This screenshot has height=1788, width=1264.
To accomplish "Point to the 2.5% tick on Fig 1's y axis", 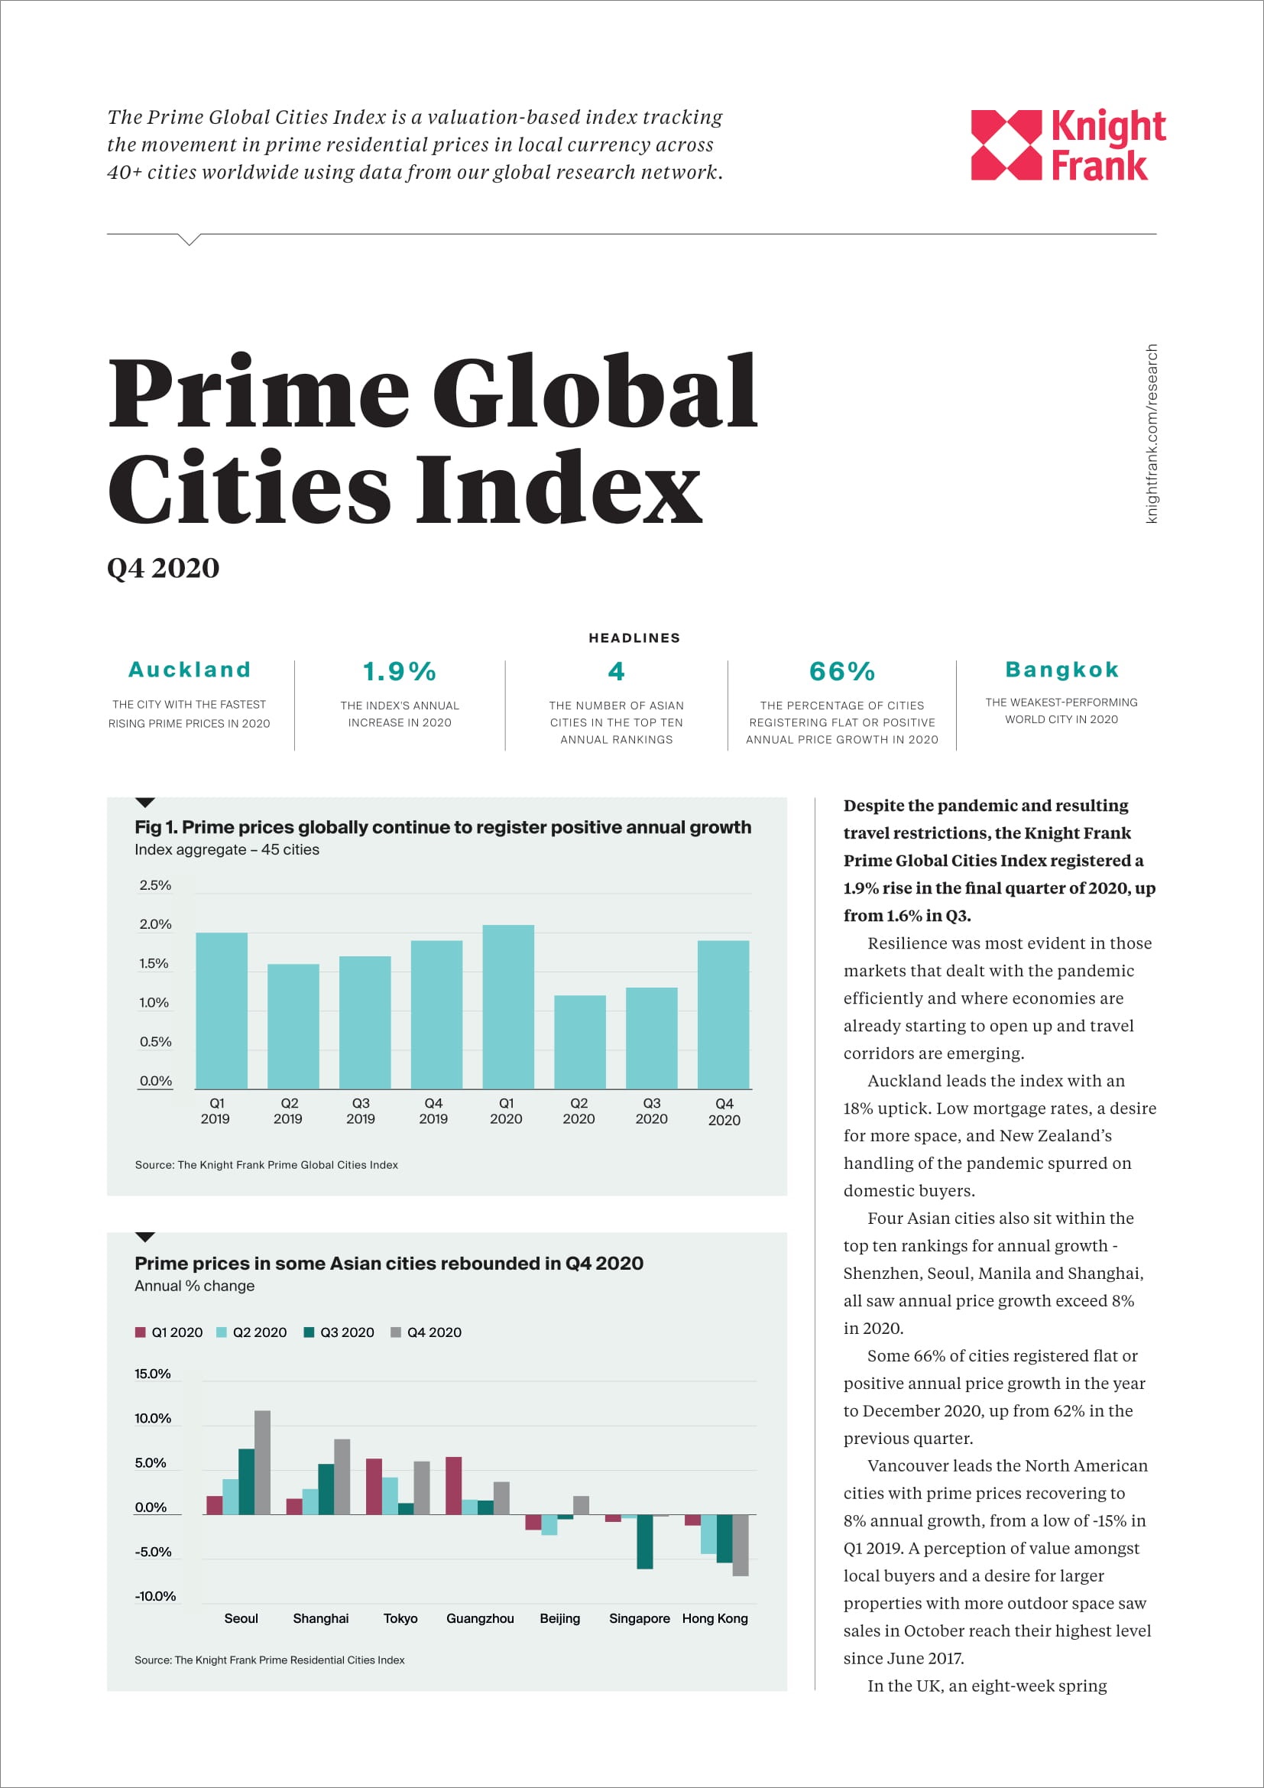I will [x=155, y=885].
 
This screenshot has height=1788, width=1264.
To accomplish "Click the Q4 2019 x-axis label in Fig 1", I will [x=433, y=1111].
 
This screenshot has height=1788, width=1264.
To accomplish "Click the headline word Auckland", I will [x=189, y=670].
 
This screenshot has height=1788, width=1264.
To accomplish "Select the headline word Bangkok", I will [x=1061, y=670].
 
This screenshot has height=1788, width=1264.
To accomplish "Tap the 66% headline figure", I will [x=841, y=671].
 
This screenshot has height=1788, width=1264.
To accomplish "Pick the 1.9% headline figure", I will [x=399, y=671].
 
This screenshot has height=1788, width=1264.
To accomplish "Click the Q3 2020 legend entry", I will [x=339, y=1332].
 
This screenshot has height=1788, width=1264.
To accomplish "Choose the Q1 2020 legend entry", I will [x=169, y=1332].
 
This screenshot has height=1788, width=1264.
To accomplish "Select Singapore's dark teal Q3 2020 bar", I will [x=644, y=1541].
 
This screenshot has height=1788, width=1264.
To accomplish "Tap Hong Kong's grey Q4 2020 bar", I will [x=741, y=1545].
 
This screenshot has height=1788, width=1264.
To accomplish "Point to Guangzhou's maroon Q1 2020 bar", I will [x=454, y=1485].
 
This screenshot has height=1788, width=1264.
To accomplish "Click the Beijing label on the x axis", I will [x=559, y=1618].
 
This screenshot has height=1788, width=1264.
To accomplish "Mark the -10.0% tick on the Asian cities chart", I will [x=155, y=1596].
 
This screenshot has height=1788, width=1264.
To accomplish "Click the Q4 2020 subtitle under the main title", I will [x=164, y=568].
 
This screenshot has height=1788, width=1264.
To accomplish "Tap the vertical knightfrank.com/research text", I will [x=1151, y=433].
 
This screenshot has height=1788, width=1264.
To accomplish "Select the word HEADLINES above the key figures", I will [x=634, y=638].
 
